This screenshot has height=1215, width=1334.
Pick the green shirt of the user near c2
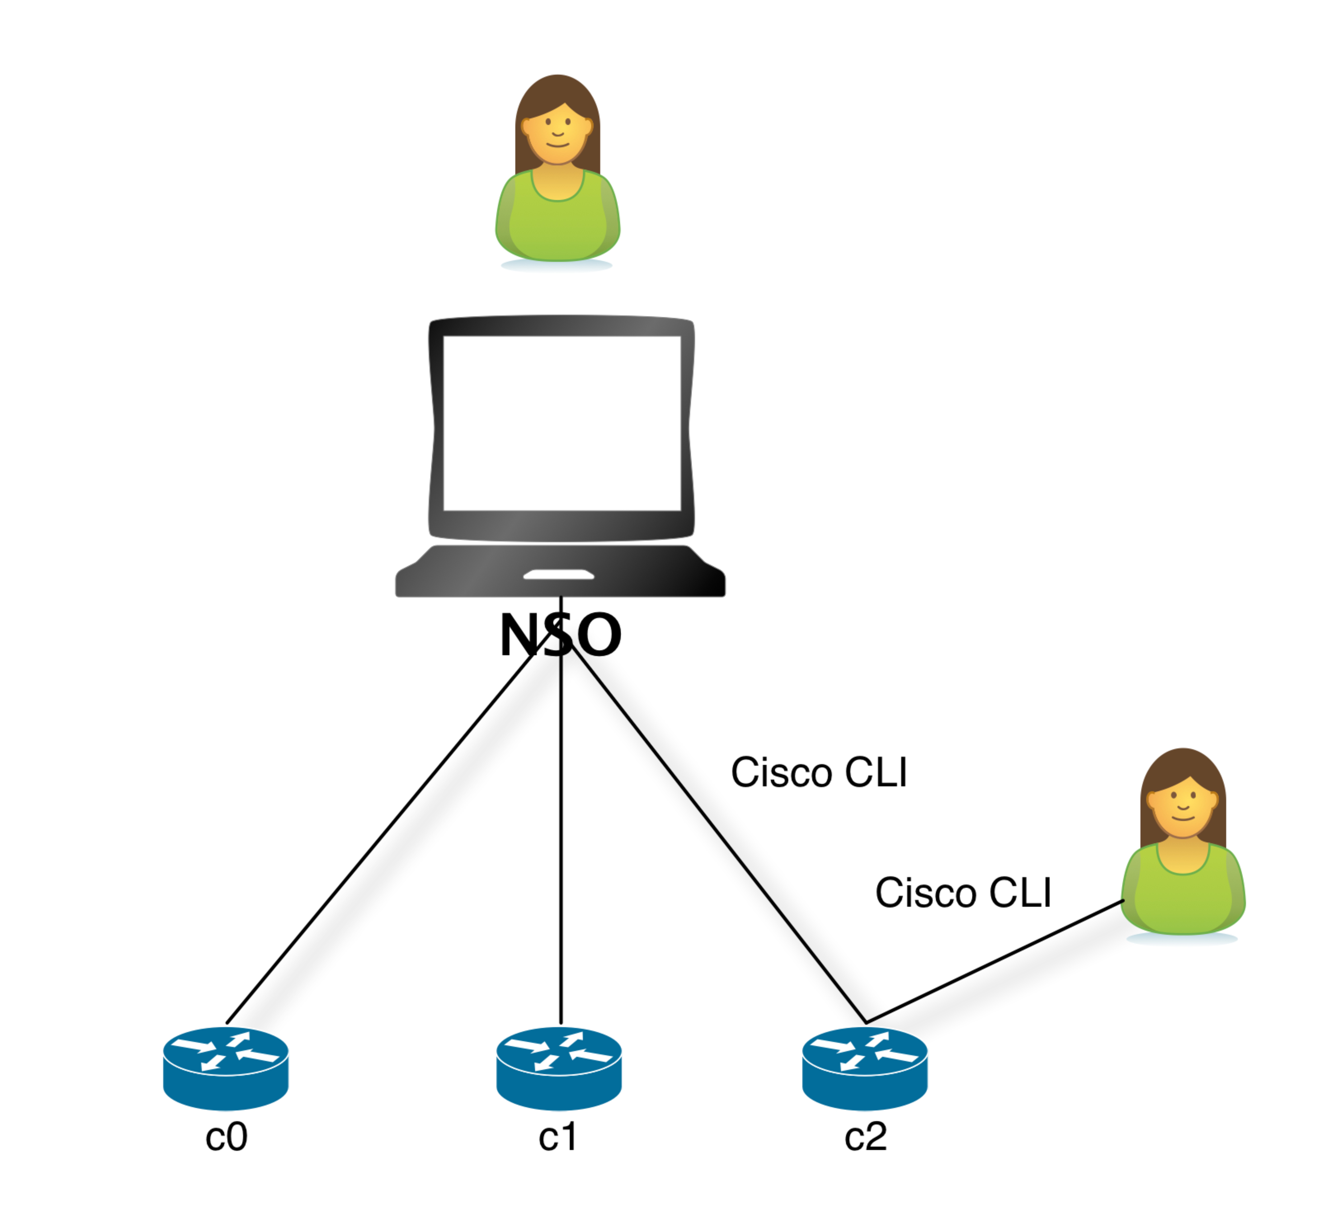pyautogui.click(x=1183, y=900)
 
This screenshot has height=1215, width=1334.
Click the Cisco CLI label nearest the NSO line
pyautogui.click(x=819, y=772)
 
